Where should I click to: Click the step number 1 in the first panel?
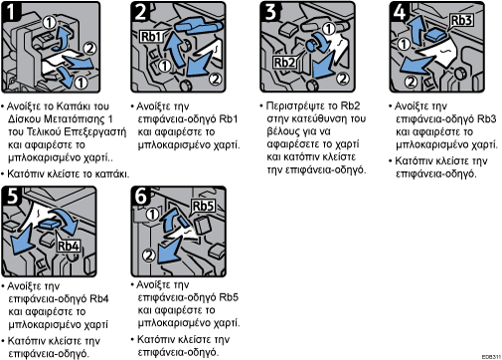[x=11, y=11]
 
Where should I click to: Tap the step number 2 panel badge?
[x=140, y=11]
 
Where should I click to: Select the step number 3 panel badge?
[x=270, y=11]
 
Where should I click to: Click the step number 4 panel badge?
[x=400, y=11]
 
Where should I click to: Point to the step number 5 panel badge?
[x=11, y=196]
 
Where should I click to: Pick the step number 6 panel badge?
[x=140, y=196]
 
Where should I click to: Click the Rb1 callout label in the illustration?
[x=151, y=37]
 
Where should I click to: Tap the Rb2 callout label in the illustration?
[x=284, y=62]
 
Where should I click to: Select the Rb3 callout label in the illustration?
[x=461, y=20]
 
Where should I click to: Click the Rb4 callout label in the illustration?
[x=69, y=246]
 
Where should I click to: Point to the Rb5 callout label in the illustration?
[x=203, y=206]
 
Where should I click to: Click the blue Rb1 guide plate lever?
[x=198, y=26]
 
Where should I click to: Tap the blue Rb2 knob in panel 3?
[x=311, y=45]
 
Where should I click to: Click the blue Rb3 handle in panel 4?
[x=434, y=35]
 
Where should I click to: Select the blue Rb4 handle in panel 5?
[x=50, y=226]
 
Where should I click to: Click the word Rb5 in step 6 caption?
[x=229, y=297]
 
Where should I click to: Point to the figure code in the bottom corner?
[x=491, y=357]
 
